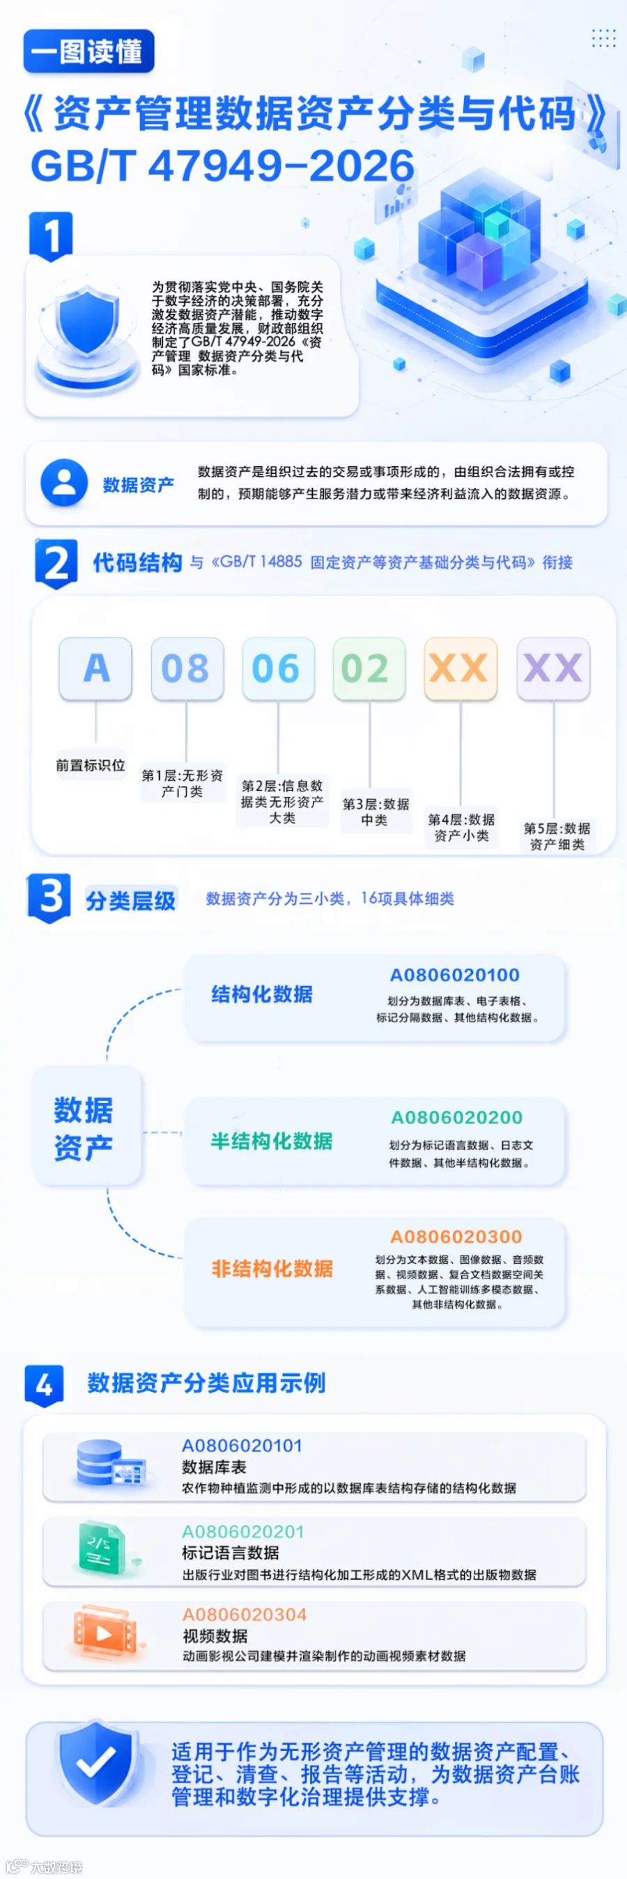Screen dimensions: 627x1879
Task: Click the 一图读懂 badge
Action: point(89,51)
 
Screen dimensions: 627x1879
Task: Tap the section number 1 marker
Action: point(50,236)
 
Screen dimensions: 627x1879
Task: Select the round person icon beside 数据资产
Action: point(64,482)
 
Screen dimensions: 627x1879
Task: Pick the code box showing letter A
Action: point(95,668)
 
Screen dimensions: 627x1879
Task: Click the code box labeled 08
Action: point(187,668)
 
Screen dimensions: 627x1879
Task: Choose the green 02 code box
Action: point(369,668)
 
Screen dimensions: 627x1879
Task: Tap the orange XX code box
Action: point(460,668)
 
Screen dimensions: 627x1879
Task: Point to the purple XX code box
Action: point(552,668)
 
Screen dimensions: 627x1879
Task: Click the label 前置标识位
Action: point(91,765)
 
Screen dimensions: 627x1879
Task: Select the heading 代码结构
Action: point(137,562)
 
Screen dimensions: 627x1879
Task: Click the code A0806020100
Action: point(455,974)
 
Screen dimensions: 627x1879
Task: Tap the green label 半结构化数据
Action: point(272,1141)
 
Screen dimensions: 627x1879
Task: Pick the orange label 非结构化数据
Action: point(272,1269)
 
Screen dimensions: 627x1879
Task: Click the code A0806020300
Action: point(456,1237)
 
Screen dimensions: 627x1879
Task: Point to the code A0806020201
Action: point(243,1531)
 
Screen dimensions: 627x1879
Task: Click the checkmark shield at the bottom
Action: point(95,1763)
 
